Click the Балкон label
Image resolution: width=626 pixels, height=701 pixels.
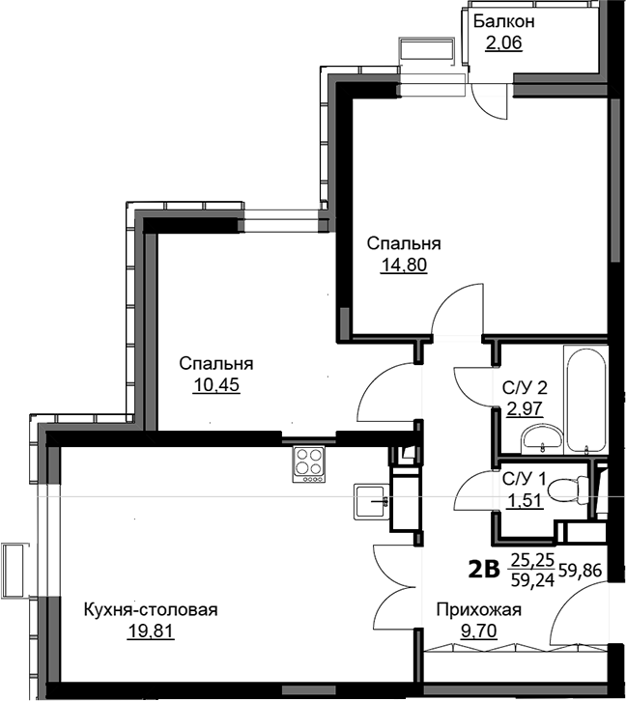tap(504, 21)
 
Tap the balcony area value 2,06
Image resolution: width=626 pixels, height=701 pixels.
tap(504, 43)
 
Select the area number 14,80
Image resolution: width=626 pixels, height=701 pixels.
tap(404, 266)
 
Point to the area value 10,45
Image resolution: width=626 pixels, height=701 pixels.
tap(216, 385)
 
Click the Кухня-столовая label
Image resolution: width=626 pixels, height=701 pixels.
tap(151, 610)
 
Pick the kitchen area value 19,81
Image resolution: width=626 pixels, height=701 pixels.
tap(151, 631)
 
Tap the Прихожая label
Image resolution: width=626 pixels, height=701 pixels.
tap(479, 610)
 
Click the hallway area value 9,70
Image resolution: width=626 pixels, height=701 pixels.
tap(479, 631)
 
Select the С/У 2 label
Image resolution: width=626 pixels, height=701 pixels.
tap(525, 388)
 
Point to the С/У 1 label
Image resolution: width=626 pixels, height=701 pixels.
tap(524, 479)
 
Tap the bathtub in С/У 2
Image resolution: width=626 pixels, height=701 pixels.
tap(585, 400)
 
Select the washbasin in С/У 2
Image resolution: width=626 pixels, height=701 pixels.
tap(542, 438)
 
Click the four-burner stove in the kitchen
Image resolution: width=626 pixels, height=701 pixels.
tap(309, 464)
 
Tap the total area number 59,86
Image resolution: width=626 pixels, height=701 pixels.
tap(582, 571)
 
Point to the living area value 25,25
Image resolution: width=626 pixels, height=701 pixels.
tap(532, 559)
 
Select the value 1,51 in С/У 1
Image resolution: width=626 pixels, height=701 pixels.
tap(525, 501)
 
